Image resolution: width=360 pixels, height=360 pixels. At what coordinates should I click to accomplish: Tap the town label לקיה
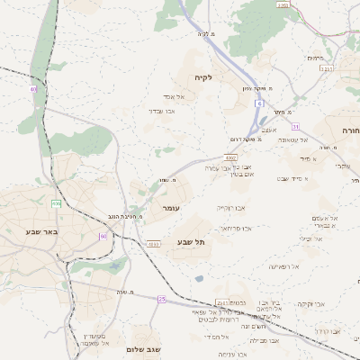pyautogui.click(x=202, y=78)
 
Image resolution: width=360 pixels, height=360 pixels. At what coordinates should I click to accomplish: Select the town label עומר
pyautogui.click(x=172, y=208)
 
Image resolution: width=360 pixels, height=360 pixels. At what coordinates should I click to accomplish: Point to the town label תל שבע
pyautogui.click(x=192, y=241)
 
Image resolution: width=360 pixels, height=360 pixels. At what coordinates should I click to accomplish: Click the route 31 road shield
pyautogui.click(x=294, y=126)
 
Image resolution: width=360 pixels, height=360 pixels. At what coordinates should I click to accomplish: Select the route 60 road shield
pyautogui.click(x=103, y=236)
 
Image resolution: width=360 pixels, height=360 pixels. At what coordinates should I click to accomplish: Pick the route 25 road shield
pyautogui.click(x=162, y=298)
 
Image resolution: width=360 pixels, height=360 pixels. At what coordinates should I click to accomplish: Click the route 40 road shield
pyautogui.click(x=33, y=89)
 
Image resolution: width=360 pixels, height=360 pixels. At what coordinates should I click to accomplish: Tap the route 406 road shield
pyautogui.click(x=57, y=203)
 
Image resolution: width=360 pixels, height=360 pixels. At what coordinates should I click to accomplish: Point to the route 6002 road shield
pyautogui.click(x=231, y=157)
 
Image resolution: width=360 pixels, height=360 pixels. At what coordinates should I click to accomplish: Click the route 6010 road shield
pyautogui.click(x=155, y=243)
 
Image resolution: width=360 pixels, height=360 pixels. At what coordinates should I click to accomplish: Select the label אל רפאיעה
pyautogui.click(x=282, y=266)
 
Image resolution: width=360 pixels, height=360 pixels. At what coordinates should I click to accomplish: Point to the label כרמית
pyautogui.click(x=314, y=58)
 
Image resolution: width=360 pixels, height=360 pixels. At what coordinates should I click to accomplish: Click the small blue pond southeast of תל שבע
pyautogui.click(x=198, y=279)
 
